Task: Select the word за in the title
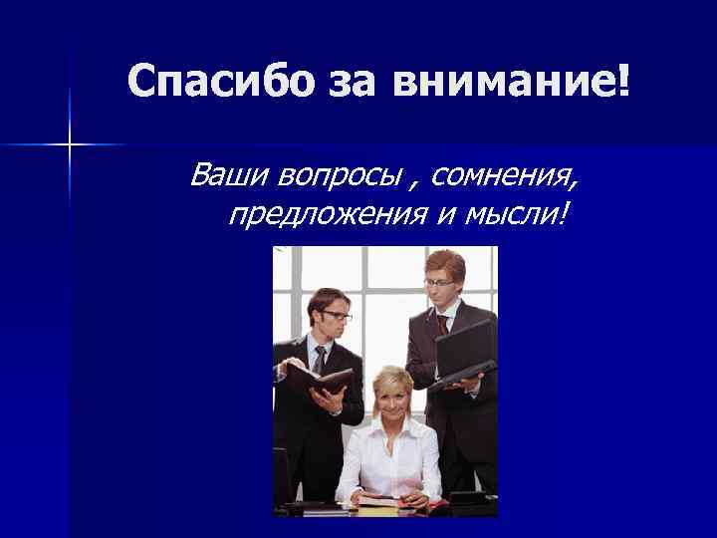click(352, 83)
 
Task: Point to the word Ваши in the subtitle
click(231, 175)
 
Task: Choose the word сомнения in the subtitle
click(504, 175)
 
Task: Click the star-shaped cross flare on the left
click(70, 145)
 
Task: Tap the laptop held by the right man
click(464, 355)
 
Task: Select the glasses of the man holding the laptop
click(439, 282)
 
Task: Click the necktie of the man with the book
click(320, 359)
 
